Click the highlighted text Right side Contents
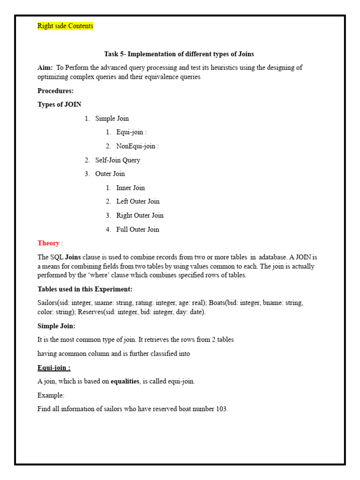[x=65, y=26]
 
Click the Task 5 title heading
[x=179, y=54]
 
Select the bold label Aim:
[x=45, y=68]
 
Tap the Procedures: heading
[x=55, y=91]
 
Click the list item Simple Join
[x=112, y=119]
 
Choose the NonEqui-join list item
[x=137, y=146]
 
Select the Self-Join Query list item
[x=117, y=160]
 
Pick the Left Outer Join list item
[x=138, y=202]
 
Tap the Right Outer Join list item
[x=140, y=216]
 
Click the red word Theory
[x=48, y=243]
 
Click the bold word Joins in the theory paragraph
[x=73, y=257]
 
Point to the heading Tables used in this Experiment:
[x=85, y=289]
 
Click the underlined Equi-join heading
[x=54, y=368]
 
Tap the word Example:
[x=51, y=395]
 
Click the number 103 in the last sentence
[x=221, y=409]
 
